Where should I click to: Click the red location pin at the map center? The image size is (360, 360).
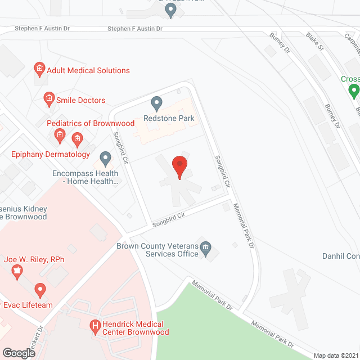(x=179, y=167)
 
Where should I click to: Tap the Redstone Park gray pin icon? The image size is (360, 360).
(x=157, y=103)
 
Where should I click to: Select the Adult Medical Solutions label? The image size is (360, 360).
(x=88, y=70)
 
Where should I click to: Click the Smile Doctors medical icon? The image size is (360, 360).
(x=48, y=100)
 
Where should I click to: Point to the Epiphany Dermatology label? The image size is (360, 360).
(x=51, y=154)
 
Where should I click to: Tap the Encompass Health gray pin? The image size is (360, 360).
(x=105, y=158)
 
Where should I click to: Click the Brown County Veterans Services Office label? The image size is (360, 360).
(x=157, y=250)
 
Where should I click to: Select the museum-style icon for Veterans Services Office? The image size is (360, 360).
(x=205, y=248)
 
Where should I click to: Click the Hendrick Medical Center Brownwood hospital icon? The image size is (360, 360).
(x=95, y=325)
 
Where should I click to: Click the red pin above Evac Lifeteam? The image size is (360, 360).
(x=39, y=290)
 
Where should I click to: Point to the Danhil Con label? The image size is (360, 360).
(x=341, y=256)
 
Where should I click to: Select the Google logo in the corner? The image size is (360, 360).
(x=19, y=353)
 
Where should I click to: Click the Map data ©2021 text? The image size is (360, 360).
(x=335, y=355)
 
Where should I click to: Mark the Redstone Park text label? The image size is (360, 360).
(x=169, y=118)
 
